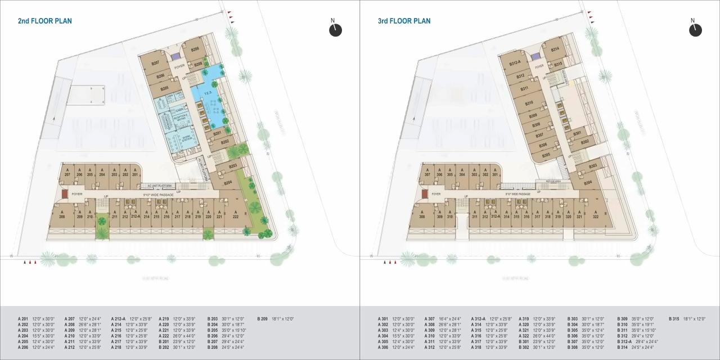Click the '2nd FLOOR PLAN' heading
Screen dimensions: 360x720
[x=45, y=21]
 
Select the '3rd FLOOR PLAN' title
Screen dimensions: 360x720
[x=404, y=21]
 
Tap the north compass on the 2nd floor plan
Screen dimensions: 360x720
[x=335, y=30]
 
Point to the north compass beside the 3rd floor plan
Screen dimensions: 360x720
[x=695, y=30]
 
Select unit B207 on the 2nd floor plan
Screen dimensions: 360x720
[x=156, y=62]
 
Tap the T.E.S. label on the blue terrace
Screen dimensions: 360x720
[x=208, y=93]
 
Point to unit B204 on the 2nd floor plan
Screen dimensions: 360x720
[x=228, y=183]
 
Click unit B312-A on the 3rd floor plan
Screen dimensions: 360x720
[x=515, y=63]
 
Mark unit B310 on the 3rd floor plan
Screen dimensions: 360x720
[x=529, y=103]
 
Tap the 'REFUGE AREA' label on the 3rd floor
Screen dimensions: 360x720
[x=545, y=181]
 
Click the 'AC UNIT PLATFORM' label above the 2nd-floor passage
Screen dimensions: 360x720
[x=159, y=185]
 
